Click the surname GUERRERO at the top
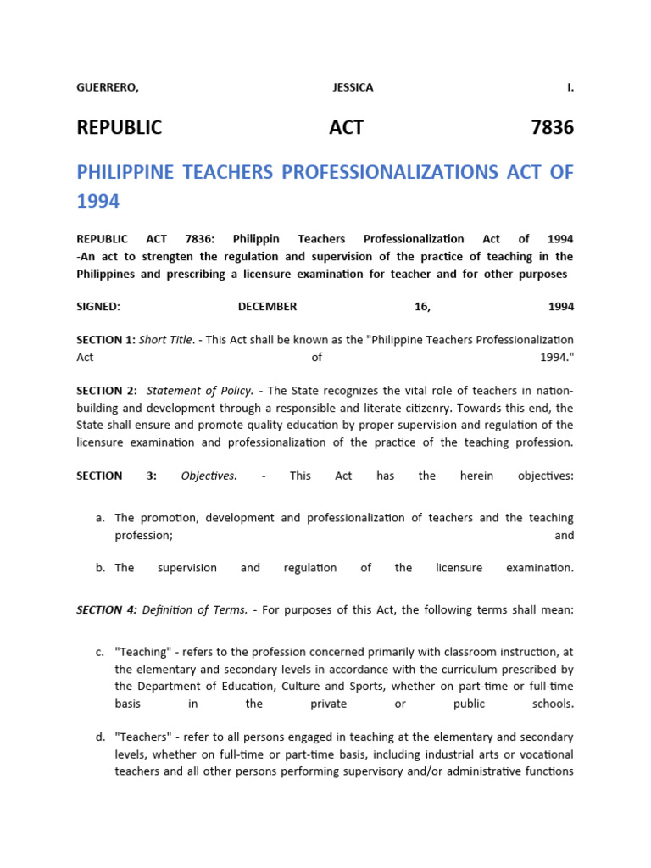107,87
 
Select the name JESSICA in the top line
353,87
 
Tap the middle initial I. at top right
570,87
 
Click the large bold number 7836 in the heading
552,128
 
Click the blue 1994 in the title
98,202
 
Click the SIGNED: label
98,307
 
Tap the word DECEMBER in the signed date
267,307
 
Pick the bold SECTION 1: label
105,340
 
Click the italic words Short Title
165,340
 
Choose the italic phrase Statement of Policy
200,391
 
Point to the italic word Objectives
209,476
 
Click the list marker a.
100,517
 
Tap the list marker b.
100,568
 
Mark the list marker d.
100,737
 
